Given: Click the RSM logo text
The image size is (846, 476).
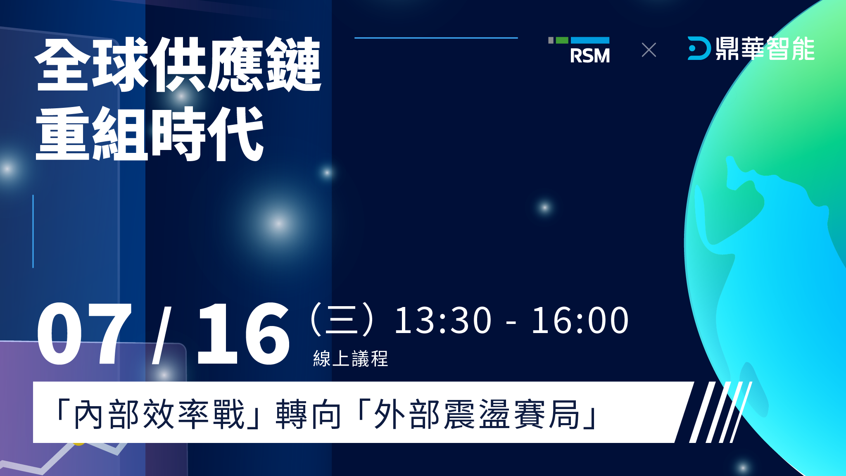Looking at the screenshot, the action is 590,56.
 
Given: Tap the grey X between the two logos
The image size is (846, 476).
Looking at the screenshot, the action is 649,50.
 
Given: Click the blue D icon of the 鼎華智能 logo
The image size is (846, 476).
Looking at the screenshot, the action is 699,48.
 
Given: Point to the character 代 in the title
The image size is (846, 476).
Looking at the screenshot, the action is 235,133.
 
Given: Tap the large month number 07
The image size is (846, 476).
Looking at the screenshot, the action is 85,333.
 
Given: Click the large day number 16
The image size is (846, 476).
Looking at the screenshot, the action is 243,333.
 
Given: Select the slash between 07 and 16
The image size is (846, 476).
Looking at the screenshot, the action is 162,335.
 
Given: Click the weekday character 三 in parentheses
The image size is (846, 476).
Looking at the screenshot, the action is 342,320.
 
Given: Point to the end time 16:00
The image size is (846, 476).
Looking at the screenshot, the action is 580,320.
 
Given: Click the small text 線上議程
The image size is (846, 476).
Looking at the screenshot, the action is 351,358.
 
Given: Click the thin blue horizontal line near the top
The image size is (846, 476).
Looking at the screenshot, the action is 436,38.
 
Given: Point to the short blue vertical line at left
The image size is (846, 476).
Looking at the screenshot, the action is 33,231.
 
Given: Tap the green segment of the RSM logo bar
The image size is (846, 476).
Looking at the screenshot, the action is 562,40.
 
